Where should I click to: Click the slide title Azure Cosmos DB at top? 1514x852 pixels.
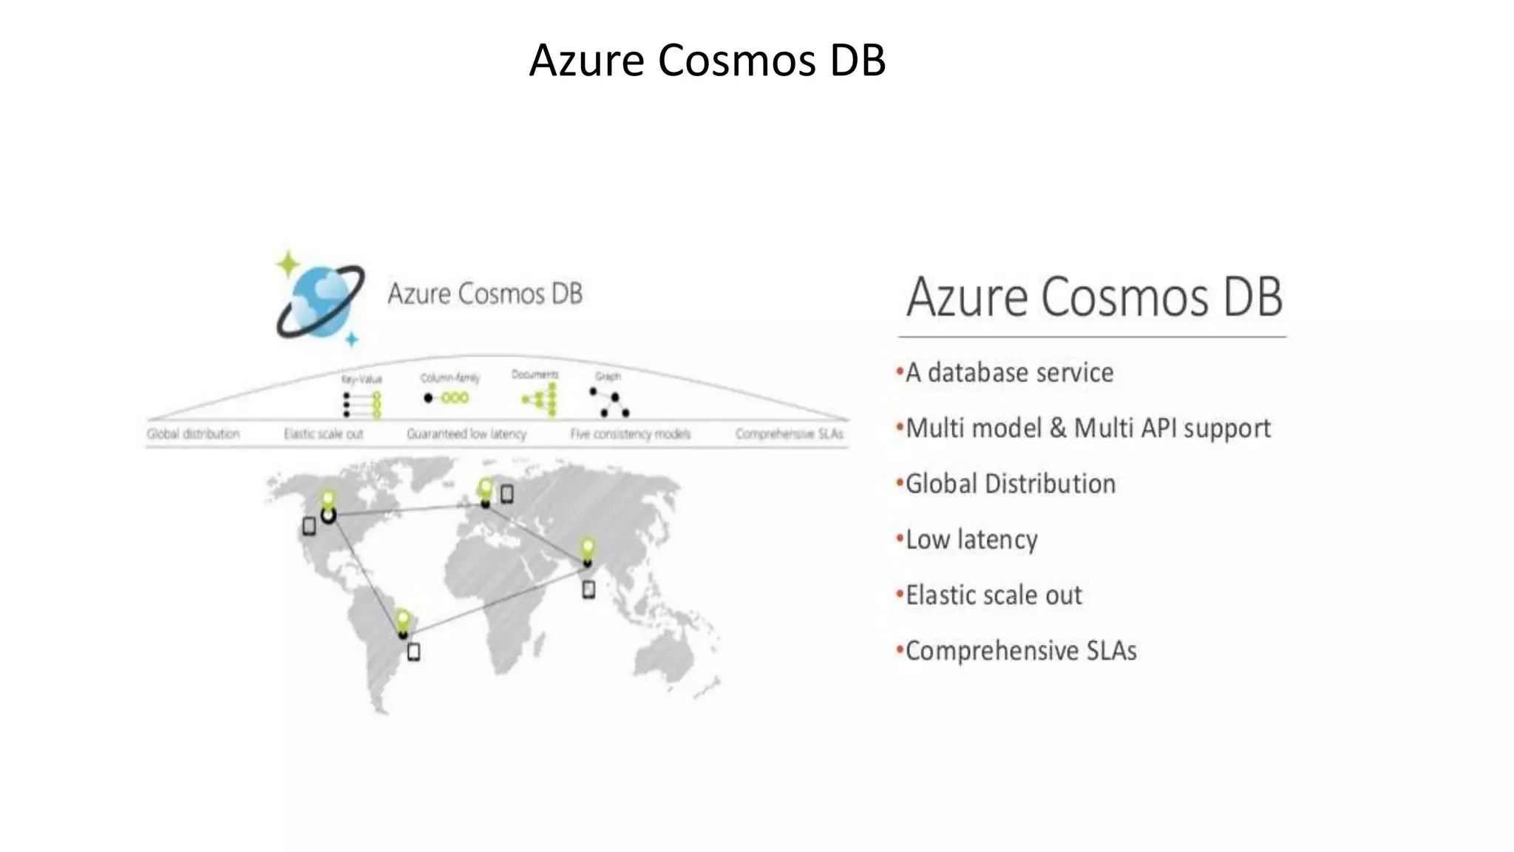707,60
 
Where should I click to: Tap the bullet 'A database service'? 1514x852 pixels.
1009,372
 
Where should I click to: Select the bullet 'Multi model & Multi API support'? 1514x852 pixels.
1087,428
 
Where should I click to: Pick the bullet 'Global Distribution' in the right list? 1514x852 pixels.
1010,484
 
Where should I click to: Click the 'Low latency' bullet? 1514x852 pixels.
971,539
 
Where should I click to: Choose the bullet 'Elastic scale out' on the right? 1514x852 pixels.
994,595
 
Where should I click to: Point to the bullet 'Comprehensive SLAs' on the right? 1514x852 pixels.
1020,651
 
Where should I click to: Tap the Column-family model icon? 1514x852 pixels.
447,398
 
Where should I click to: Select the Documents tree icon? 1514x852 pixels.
540,400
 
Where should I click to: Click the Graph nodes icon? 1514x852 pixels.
609,402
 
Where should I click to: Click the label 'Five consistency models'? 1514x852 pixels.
630,434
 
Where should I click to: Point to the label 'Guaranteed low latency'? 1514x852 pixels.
466,434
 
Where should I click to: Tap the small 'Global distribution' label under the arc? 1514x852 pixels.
193,434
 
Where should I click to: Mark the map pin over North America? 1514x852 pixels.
327,501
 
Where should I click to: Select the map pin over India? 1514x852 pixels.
587,549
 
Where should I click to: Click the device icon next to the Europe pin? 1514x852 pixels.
507,493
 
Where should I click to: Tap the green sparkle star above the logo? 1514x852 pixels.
288,263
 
